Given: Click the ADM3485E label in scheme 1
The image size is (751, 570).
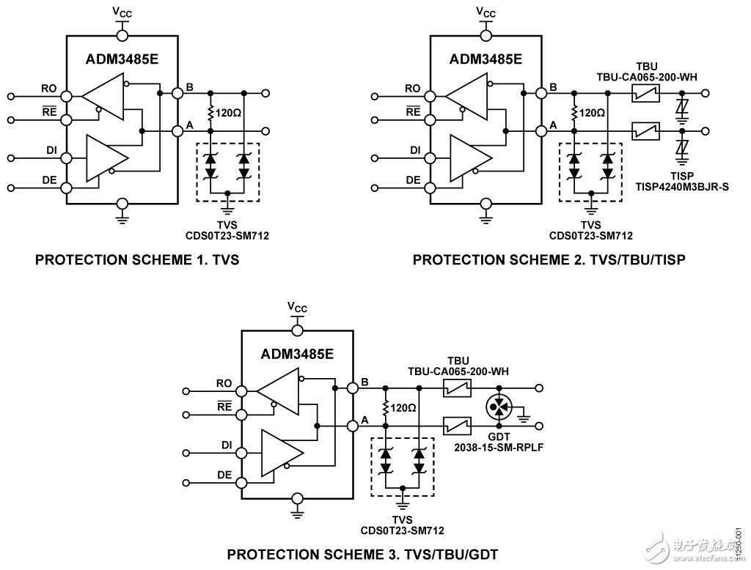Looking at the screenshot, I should coord(123,59).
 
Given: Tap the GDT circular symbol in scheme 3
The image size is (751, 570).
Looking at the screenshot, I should coord(499,406).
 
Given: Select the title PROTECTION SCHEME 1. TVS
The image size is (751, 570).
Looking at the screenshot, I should coord(137,259).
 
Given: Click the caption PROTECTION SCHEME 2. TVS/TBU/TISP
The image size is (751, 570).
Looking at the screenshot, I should coord(549,259).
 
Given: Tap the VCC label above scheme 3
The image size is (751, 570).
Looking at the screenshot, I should coord(297,307).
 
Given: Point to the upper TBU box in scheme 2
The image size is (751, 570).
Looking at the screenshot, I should coord(646,94).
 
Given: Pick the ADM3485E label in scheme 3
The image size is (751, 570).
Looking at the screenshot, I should coord(297,355).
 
